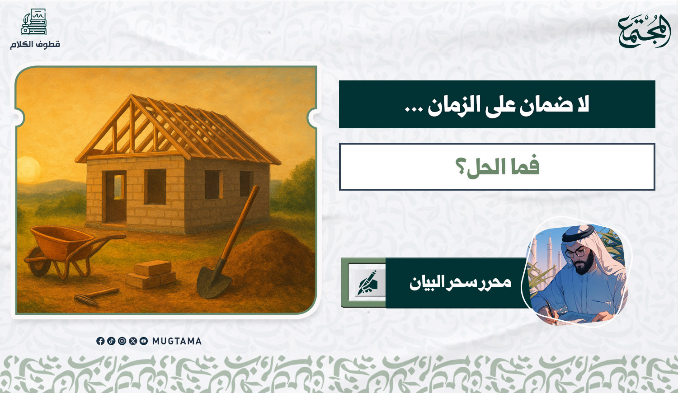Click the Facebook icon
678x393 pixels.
point(100,341)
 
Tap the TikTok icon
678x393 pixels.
point(111,341)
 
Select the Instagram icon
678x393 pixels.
point(122,341)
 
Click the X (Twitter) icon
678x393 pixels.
point(133,341)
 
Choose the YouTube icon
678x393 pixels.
point(144,341)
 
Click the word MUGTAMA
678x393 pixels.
point(177,341)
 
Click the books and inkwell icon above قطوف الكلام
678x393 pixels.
point(34,22)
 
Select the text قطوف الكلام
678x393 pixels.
point(35,44)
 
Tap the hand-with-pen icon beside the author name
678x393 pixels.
point(367,283)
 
